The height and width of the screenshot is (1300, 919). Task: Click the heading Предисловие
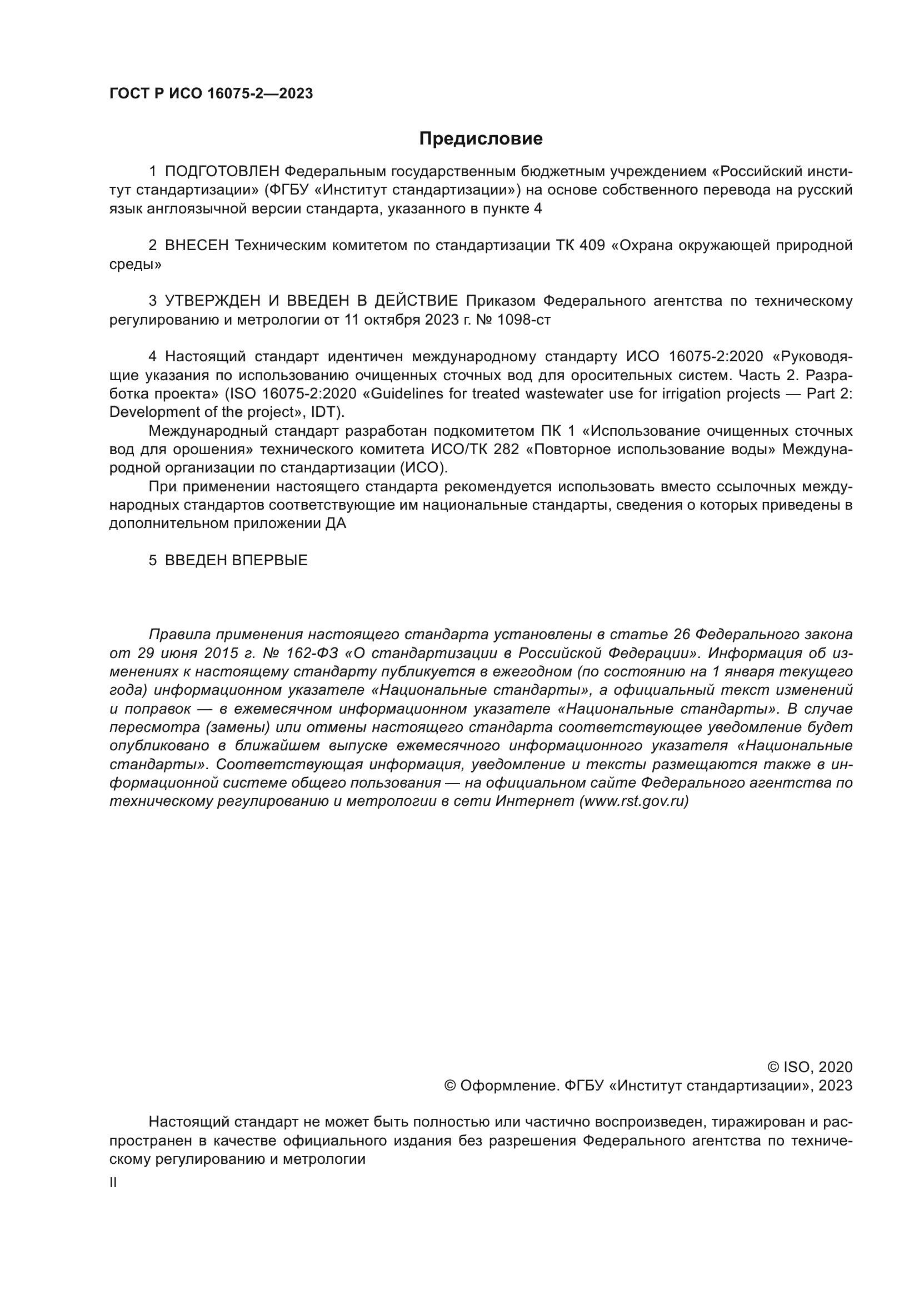point(481,139)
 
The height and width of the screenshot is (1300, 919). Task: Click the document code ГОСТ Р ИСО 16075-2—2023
point(211,94)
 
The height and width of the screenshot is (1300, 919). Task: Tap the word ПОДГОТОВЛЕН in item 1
point(222,172)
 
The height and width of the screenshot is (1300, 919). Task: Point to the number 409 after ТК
point(592,246)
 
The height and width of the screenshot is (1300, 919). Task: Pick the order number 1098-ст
point(523,320)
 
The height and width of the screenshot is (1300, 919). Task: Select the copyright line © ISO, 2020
point(809,1067)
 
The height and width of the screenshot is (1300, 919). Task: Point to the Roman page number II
point(113,1183)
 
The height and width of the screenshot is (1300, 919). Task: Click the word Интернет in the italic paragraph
point(535,801)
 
